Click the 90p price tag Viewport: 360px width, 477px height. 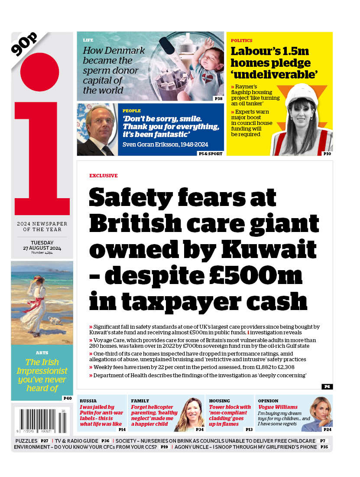pyautogui.click(x=25, y=44)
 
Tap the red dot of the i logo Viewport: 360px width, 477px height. pyautogui.click(x=39, y=72)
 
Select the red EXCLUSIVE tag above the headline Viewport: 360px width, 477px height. pyautogui.click(x=103, y=176)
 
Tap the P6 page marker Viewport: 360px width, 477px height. pyautogui.click(x=327, y=386)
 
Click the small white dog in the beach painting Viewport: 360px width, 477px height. pyautogui.click(x=54, y=320)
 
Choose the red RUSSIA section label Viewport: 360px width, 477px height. pyautogui.click(x=88, y=401)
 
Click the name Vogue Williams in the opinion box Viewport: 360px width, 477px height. pyautogui.click(x=278, y=407)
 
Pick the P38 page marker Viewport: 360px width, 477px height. pyautogui.click(x=218, y=99)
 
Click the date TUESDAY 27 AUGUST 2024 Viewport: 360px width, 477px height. pyautogui.click(x=42, y=245)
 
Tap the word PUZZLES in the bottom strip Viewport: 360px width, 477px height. pyautogui.click(x=26, y=441)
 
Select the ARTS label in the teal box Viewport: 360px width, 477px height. pyautogui.click(x=42, y=353)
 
